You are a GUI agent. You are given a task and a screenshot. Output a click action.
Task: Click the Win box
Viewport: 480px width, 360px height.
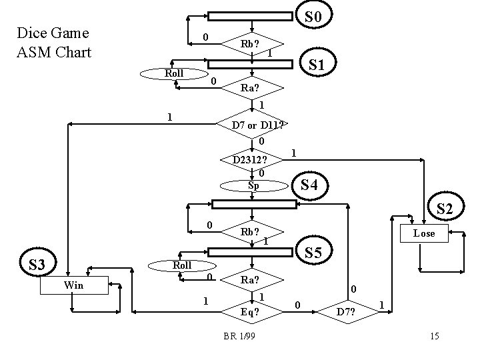73,285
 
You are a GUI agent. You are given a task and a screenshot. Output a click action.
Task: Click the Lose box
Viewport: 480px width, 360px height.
423,233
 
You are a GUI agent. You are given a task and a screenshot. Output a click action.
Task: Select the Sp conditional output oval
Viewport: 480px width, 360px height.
253,185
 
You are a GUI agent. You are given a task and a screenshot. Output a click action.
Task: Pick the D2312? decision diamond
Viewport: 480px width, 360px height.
252,160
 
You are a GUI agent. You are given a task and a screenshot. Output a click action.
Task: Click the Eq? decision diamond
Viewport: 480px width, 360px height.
252,310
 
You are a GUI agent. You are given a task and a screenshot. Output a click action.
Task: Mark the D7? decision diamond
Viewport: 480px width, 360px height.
346,310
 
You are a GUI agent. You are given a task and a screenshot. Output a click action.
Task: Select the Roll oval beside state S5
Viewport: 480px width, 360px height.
181,265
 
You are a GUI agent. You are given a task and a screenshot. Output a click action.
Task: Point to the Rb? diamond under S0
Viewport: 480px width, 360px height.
252,45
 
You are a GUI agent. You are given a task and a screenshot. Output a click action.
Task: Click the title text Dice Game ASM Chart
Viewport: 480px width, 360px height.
53,42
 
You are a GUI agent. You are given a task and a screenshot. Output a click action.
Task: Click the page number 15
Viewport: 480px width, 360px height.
434,336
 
